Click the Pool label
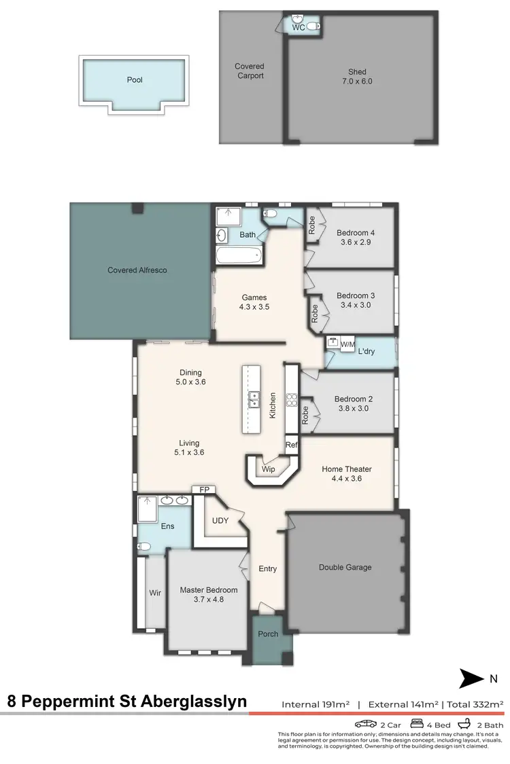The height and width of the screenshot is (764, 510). coord(135,79)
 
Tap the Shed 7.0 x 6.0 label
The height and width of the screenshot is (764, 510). coord(357,77)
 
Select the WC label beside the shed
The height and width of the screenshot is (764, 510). coord(298,27)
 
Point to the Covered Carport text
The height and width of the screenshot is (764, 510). coord(250,71)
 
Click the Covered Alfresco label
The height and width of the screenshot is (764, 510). coord(137,270)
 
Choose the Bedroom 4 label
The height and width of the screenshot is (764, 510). coord(356,238)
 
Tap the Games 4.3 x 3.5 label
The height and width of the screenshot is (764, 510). coord(254,302)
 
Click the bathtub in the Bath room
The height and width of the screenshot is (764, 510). coord(239,256)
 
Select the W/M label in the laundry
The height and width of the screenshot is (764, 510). coord(347,344)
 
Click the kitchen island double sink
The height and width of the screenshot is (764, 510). coord(254,399)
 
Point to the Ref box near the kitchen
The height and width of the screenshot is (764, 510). coord(292,445)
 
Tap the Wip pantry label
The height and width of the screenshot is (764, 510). coord(269,468)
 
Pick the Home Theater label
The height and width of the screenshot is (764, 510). coord(346,474)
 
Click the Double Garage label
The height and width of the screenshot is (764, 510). coord(345,567)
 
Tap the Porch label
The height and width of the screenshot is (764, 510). coord(268,634)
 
